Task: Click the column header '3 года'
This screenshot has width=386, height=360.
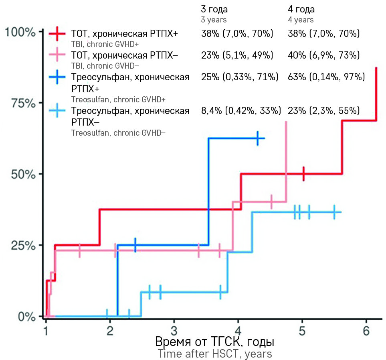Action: tap(214, 9)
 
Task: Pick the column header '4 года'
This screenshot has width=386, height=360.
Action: tap(301, 9)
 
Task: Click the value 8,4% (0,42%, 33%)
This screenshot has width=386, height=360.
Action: tap(240, 111)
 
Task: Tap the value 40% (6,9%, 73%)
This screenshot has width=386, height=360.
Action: tap(323, 55)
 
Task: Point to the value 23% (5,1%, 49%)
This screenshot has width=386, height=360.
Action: tap(237, 55)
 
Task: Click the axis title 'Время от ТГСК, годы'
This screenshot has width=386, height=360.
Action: tap(214, 342)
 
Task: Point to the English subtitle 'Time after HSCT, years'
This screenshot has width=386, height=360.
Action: tap(214, 354)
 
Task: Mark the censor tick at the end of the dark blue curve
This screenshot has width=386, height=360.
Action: tap(258, 138)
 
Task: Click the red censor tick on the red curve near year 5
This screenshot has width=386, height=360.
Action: tap(303, 174)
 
